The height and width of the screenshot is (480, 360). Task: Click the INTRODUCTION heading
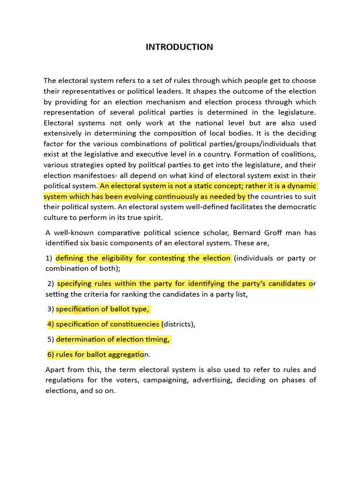coord(179,47)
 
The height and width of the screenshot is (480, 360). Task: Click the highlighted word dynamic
coord(300,186)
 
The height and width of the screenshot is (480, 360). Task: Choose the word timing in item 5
coord(157,339)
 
